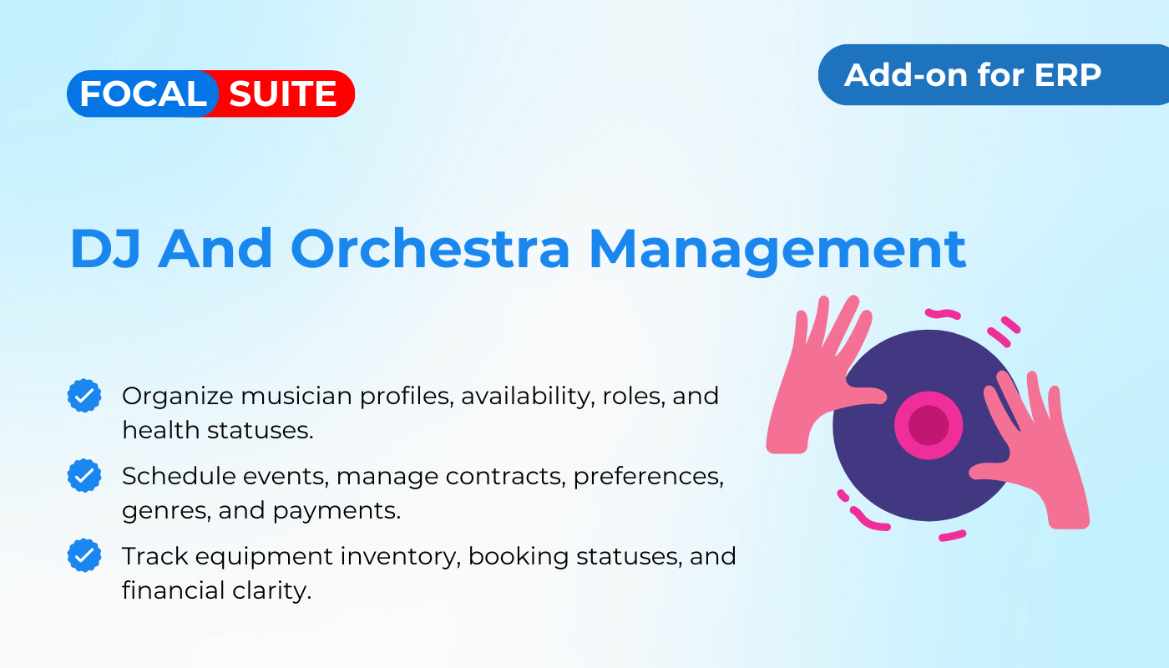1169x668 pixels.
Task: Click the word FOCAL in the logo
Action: point(143,94)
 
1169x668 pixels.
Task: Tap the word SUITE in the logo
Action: point(283,94)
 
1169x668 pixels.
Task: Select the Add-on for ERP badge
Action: point(993,74)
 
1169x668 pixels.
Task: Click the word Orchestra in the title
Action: point(430,249)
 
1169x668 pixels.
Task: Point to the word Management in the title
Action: point(777,250)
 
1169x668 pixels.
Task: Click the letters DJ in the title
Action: point(105,249)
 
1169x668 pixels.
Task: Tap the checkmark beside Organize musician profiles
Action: point(84,396)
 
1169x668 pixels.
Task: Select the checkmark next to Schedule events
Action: point(84,475)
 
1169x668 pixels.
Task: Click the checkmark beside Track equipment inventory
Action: point(84,555)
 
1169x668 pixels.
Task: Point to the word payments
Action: point(337,511)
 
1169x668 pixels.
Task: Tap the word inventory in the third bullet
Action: point(401,557)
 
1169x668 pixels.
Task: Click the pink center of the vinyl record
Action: point(929,425)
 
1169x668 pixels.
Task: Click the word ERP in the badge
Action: point(1068,75)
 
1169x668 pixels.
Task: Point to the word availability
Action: point(528,397)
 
